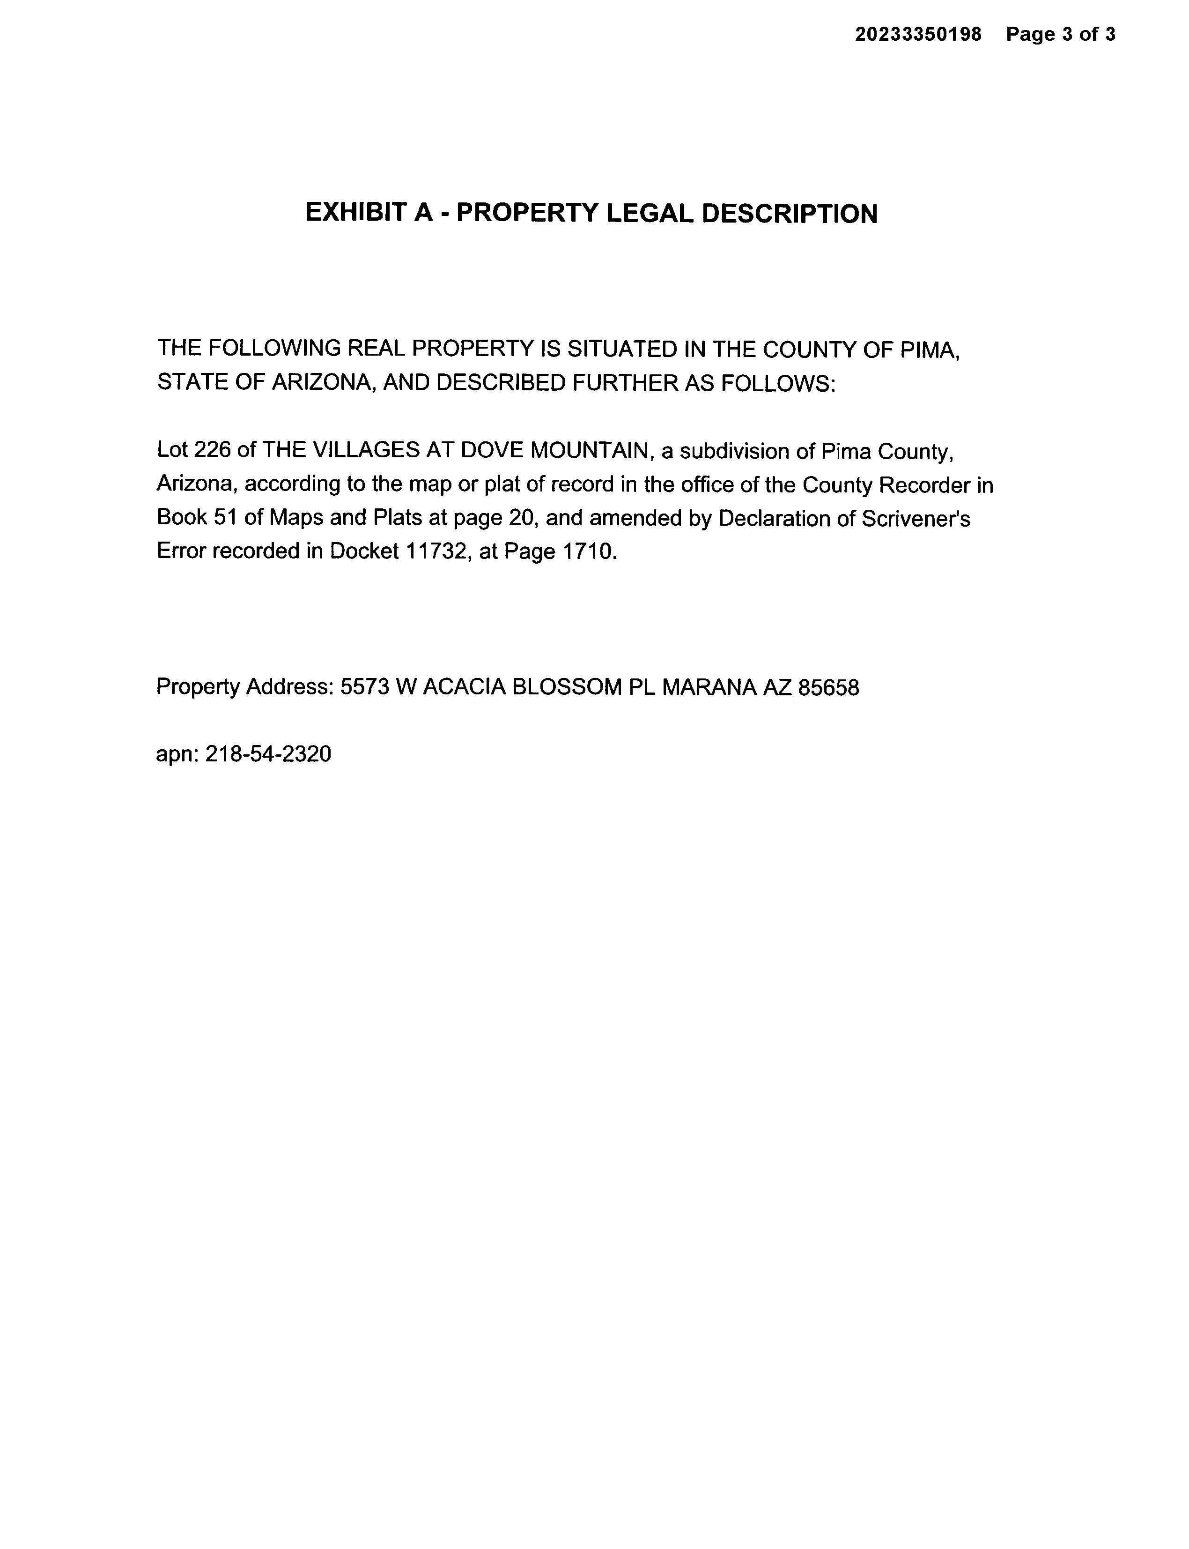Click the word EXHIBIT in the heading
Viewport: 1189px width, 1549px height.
[x=358, y=213]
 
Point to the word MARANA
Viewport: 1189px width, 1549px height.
[x=709, y=687]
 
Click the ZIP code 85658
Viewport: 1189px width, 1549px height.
[x=828, y=687]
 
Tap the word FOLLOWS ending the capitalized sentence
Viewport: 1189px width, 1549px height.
[x=777, y=383]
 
